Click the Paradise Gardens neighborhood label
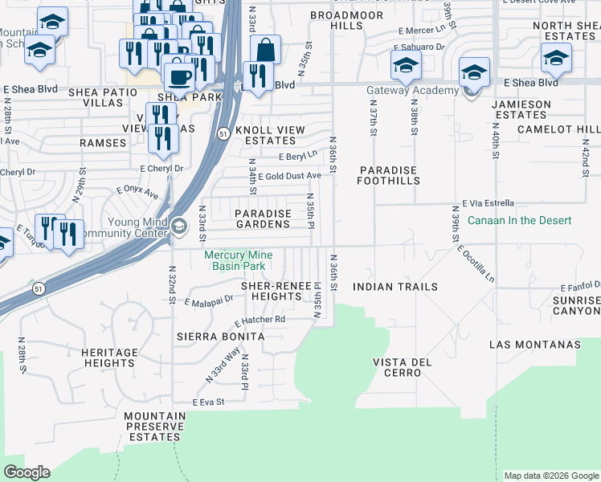[x=262, y=219]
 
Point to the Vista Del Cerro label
[x=402, y=367]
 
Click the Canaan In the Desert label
[x=508, y=220]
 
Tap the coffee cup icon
[x=179, y=76]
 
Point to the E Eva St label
[x=207, y=402]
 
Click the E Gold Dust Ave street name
[x=288, y=175]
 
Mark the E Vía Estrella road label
[x=488, y=204]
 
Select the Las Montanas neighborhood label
[x=534, y=345]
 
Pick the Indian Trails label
[x=395, y=287]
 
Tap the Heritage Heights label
[x=109, y=357]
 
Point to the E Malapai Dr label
[x=208, y=300]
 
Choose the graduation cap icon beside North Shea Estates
[x=556, y=57]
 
